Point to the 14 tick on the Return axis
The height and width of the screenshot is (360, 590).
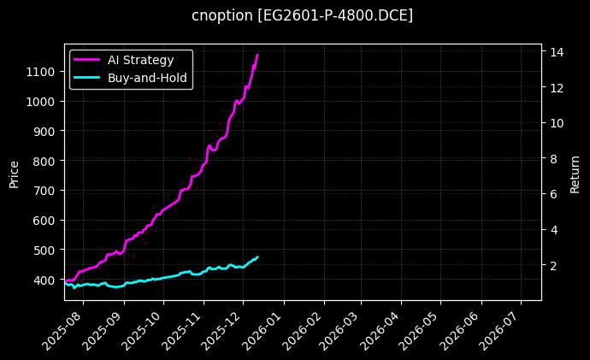[x=553, y=52]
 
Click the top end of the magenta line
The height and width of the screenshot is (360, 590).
[x=257, y=55]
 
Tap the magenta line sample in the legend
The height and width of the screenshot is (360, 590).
[x=87, y=60]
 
